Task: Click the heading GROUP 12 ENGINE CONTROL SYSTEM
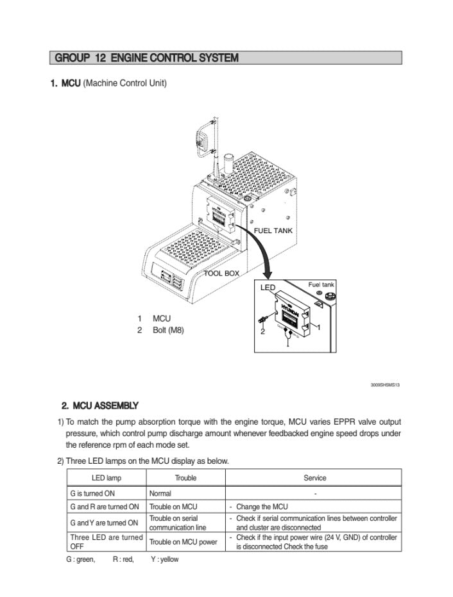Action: click(147, 58)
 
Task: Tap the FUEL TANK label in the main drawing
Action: click(275, 231)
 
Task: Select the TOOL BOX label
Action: click(221, 274)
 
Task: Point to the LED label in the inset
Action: click(268, 288)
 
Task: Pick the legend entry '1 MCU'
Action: click(155, 318)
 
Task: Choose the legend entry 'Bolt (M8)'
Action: click(167, 331)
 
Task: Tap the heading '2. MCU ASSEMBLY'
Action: click(99, 405)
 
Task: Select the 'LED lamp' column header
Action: click(107, 478)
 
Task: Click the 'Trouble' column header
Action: click(185, 478)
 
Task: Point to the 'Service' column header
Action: click(314, 478)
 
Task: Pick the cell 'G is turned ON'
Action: click(92, 494)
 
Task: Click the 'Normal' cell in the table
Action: click(160, 494)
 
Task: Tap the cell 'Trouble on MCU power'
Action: click(183, 542)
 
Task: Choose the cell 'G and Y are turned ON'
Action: click(103, 523)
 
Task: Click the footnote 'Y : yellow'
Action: click(164, 559)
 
